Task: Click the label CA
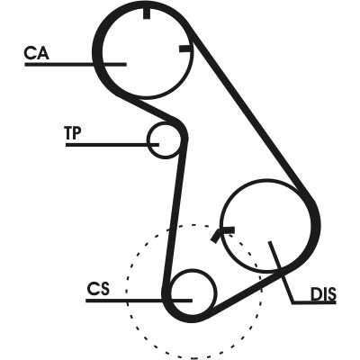36,53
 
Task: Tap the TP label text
73,133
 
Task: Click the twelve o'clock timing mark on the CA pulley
147,13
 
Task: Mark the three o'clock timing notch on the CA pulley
184,49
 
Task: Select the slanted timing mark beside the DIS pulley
215,236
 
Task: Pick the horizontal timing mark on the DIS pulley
228,229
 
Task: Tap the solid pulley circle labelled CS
193,269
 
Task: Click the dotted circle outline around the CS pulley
193,224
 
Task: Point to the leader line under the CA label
76,64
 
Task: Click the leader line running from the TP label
112,145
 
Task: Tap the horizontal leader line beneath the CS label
139,301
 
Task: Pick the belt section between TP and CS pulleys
175,219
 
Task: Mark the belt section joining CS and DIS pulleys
249,292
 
